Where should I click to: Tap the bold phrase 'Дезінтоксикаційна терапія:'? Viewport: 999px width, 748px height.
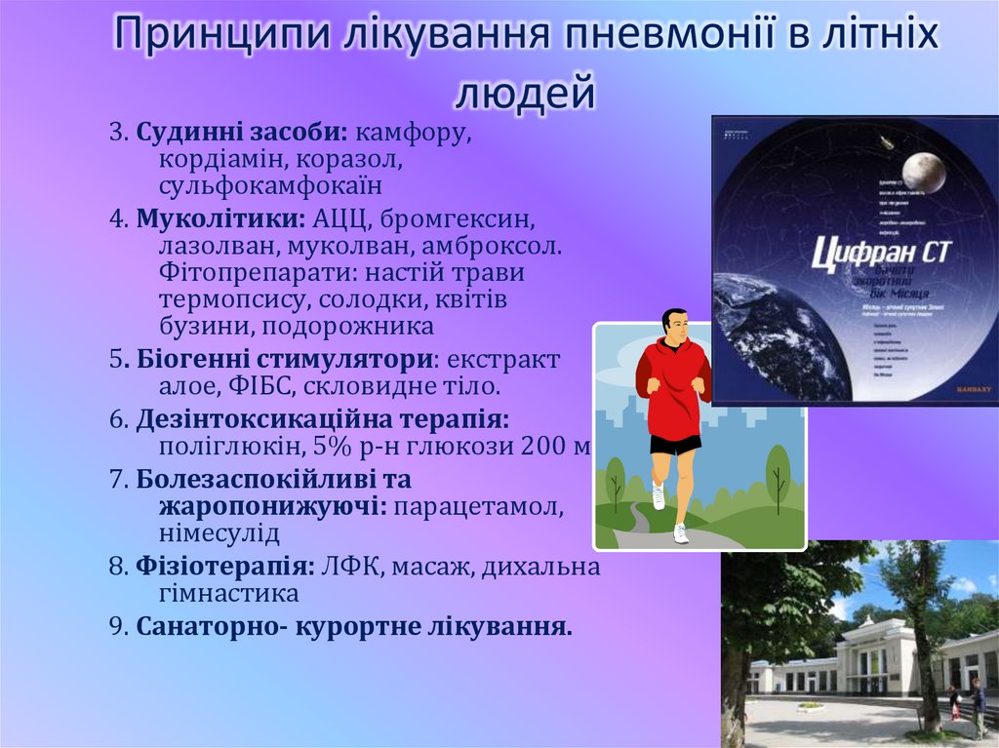click(x=322, y=419)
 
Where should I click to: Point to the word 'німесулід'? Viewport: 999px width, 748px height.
click(x=219, y=533)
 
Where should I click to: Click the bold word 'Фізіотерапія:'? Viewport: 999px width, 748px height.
click(x=224, y=567)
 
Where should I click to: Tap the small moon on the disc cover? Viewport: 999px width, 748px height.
click(x=922, y=172)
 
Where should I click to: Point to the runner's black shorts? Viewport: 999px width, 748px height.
click(x=675, y=444)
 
